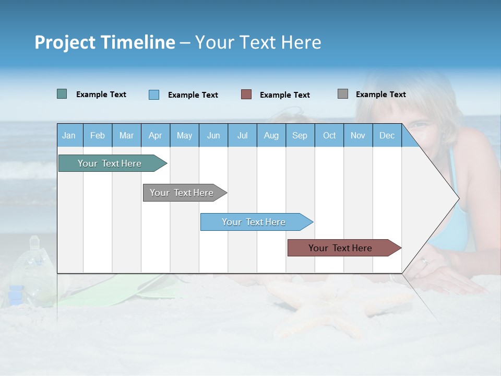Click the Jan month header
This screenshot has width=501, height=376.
(x=69, y=136)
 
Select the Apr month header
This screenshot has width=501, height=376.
(x=156, y=136)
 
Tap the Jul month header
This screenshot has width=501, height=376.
(x=242, y=136)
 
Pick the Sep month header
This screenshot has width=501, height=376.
(x=300, y=136)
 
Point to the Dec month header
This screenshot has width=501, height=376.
(x=387, y=136)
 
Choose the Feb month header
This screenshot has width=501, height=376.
(x=98, y=136)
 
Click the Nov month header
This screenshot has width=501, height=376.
(x=358, y=136)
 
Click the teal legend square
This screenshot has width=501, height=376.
(x=62, y=94)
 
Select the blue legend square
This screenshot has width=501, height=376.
(x=153, y=95)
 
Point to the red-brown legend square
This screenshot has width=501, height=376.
(x=246, y=95)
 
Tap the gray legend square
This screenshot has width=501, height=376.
(x=343, y=94)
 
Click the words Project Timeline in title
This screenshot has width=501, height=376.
(x=105, y=42)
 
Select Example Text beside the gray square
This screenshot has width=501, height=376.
(x=380, y=95)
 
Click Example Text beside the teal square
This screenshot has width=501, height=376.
(x=101, y=95)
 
